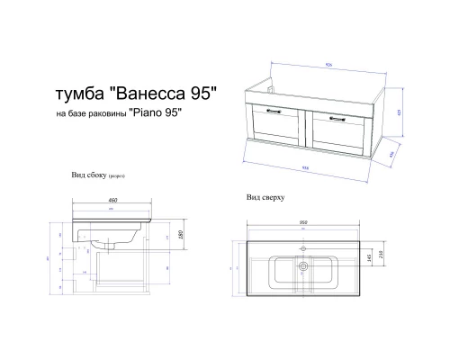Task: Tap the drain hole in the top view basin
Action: coord(303,265)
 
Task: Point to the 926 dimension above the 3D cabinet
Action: coord(330,64)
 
